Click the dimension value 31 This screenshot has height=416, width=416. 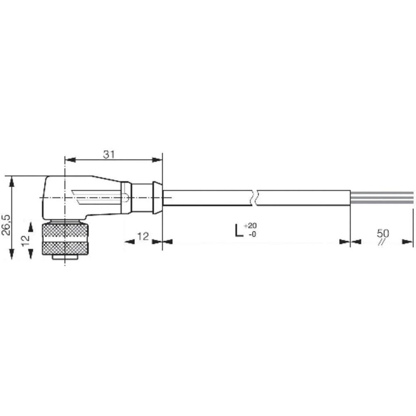pos(109,154)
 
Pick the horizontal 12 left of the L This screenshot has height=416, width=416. pos(143,237)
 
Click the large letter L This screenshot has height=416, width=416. pos(238,230)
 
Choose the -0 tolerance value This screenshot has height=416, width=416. pos(252,234)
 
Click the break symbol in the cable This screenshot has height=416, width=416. pos(254,198)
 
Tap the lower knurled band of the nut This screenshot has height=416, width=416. pos(64,248)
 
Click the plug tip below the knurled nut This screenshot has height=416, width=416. pos(65,258)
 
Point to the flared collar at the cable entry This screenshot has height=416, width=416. pos(157,198)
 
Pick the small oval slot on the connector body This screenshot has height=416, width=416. pos(124,198)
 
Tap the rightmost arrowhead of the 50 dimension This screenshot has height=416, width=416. pos(408,241)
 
